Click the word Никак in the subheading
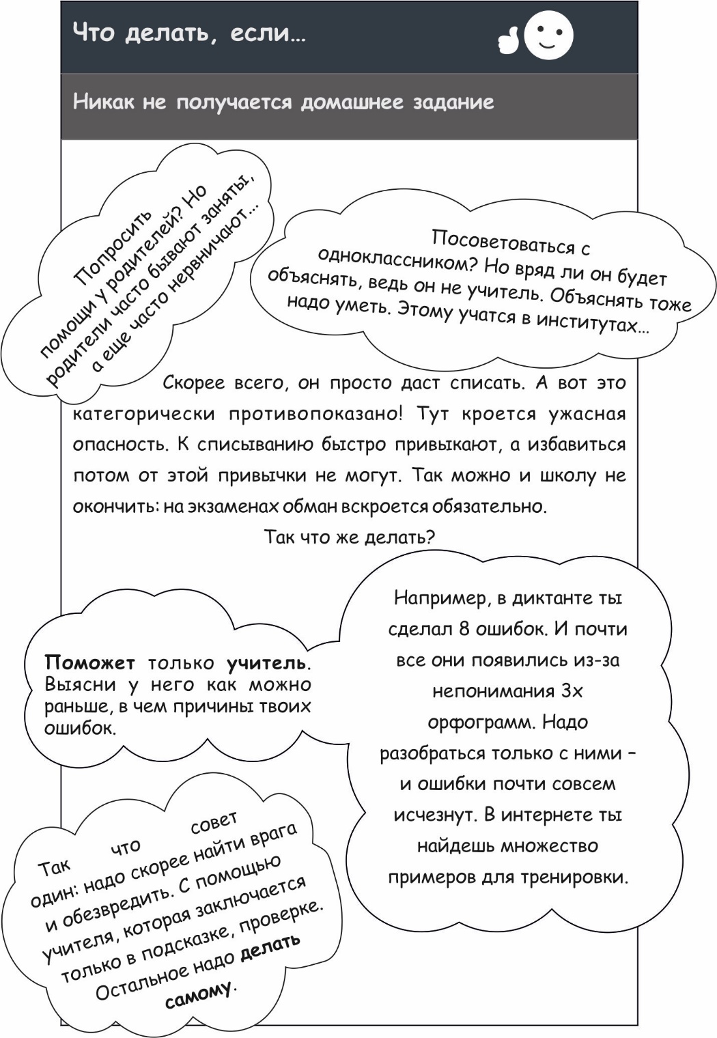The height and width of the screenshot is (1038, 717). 103,102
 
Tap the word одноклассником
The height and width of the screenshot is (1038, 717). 387,260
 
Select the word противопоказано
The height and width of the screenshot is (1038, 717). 315,414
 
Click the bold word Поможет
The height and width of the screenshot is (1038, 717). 89,662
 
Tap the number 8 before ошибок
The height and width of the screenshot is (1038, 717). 464,629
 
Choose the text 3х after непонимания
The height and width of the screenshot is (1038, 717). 572,691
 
